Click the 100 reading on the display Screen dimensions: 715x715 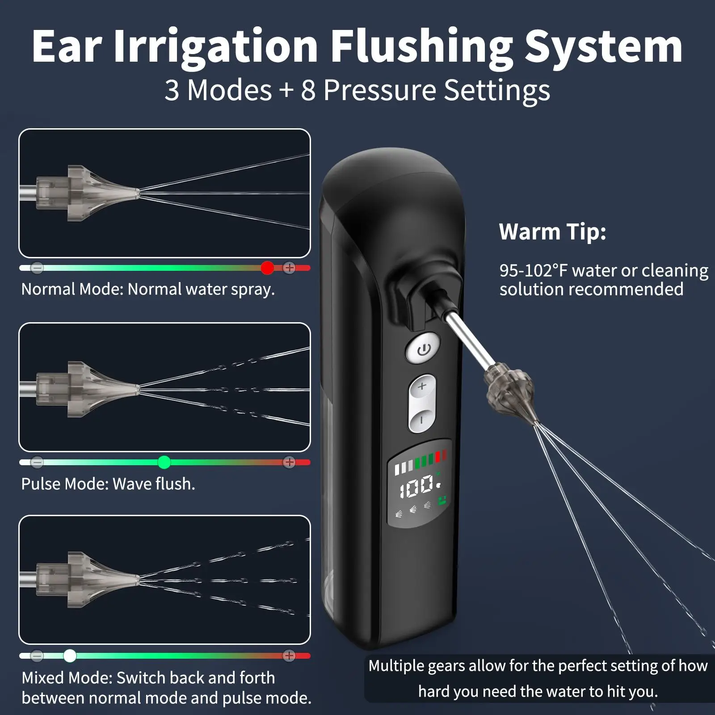[x=416, y=487]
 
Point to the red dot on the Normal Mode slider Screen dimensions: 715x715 [x=267, y=268]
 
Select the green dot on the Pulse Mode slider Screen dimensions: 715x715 [x=164, y=462]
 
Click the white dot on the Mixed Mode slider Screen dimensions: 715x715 [x=70, y=656]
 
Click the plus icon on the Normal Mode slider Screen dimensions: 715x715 [x=290, y=268]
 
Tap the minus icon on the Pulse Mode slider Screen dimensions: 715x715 [x=37, y=462]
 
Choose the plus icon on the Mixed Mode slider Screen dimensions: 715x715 [x=289, y=656]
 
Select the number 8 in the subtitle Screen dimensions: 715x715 [x=308, y=90]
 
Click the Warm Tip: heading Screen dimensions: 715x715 [x=552, y=232]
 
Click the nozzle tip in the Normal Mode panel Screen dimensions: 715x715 [x=137, y=193]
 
